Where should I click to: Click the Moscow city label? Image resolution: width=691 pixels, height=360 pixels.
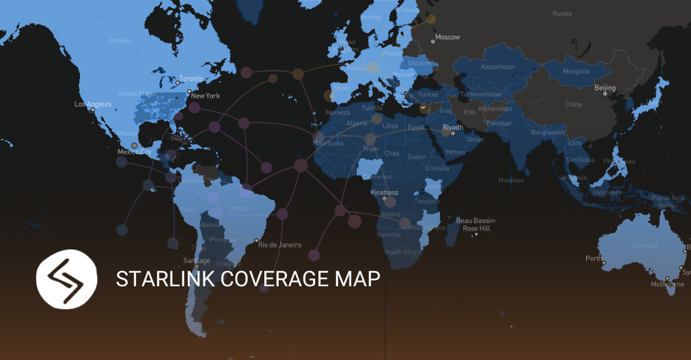tap(447, 37)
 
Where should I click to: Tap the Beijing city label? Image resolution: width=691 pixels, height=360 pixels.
tap(605, 88)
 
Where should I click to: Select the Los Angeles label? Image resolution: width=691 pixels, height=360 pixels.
tap(93, 104)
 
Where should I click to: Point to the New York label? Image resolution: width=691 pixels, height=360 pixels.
tap(206, 96)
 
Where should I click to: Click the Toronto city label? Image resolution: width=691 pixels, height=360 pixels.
tap(191, 78)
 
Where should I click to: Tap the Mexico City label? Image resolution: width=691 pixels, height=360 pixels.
tap(134, 152)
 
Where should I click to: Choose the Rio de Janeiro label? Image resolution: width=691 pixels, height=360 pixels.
tap(279, 245)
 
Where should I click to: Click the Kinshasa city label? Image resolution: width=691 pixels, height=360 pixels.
tap(384, 192)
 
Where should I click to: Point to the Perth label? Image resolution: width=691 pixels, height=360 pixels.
tap(593, 259)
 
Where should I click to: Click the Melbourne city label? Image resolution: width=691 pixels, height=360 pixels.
tap(667, 284)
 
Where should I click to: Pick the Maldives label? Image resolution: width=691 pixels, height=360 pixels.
tap(511, 180)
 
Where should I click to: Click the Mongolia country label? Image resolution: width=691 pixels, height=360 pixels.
tap(576, 71)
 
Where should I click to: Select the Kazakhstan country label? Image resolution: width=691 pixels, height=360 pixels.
tap(498, 67)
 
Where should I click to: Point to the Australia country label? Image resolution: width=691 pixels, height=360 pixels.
tap(644, 245)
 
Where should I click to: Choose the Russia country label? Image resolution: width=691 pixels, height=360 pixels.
tap(561, 13)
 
